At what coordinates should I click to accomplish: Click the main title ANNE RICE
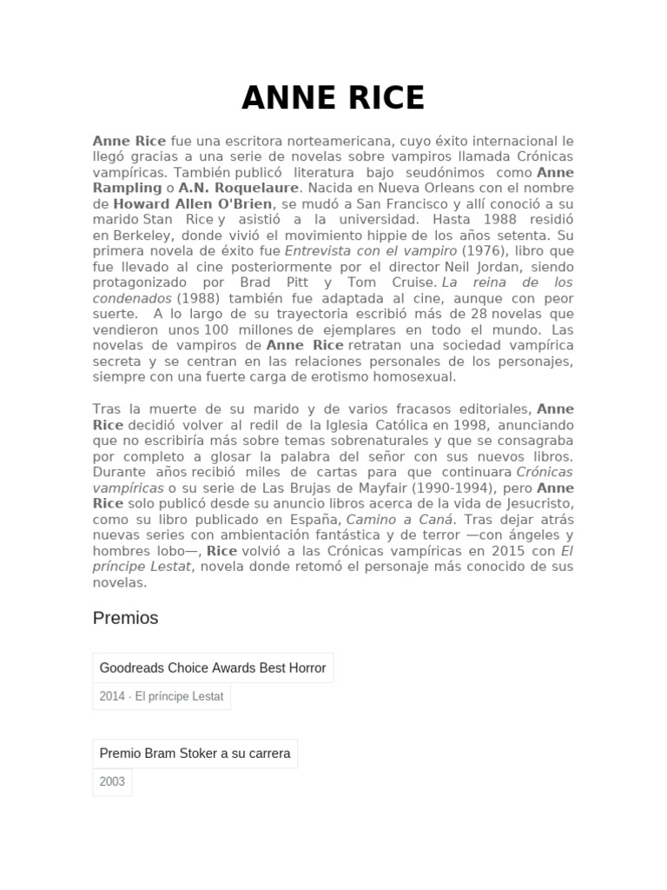click(333, 98)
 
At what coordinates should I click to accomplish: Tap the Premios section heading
click(125, 618)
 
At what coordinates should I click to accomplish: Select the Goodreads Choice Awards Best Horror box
click(213, 668)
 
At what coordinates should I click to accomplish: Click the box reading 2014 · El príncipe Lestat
click(162, 696)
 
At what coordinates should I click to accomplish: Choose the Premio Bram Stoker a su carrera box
click(195, 754)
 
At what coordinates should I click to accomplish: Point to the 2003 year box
click(112, 781)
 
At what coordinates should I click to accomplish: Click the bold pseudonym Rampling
click(127, 188)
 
